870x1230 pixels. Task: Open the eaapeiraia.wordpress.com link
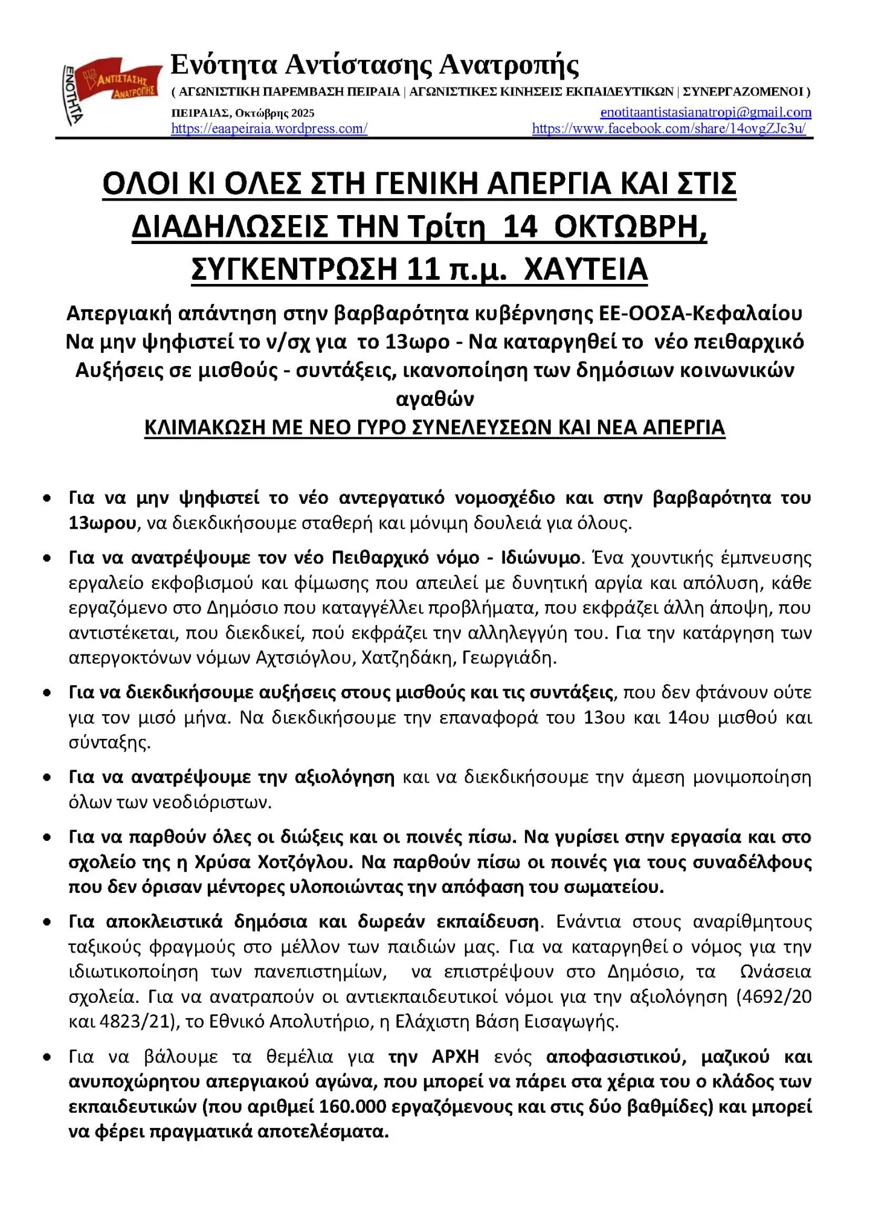coord(269,129)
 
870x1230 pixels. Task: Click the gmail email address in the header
coord(705,112)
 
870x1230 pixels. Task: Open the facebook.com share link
coord(669,129)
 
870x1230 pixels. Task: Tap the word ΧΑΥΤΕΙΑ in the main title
coord(585,269)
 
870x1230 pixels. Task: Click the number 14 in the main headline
coord(520,227)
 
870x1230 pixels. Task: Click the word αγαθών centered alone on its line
coord(434,399)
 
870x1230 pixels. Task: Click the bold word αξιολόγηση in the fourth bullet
coord(344,777)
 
